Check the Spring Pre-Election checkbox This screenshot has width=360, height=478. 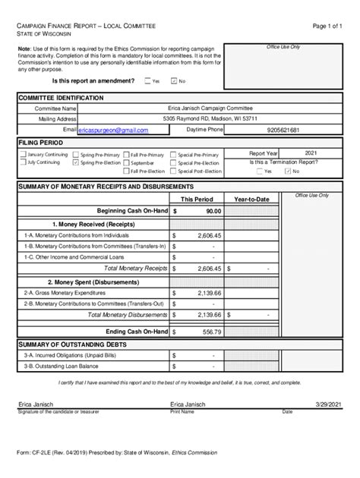point(75,162)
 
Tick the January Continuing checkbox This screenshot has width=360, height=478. point(23,154)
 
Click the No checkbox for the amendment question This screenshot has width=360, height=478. point(174,81)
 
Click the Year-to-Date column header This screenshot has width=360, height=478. point(251,199)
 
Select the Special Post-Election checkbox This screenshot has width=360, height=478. point(173,171)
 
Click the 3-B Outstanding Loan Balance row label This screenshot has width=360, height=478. point(61,366)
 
